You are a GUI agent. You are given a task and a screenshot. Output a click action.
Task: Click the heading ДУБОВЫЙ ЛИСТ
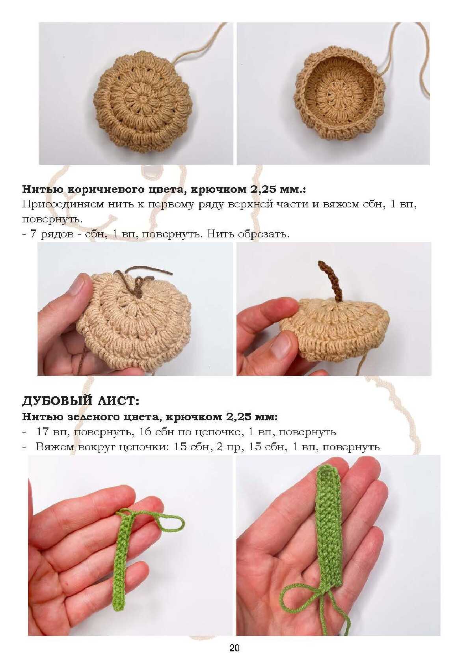tap(80, 401)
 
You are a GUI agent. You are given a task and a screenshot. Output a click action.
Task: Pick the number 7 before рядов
tap(33, 234)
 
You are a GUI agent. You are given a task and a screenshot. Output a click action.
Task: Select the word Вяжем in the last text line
tap(54, 447)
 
